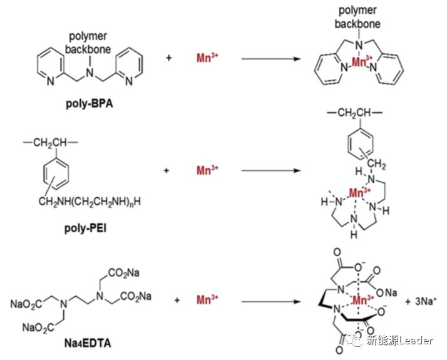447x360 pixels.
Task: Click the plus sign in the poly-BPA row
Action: (169, 58)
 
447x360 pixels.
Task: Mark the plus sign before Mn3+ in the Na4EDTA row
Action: (177, 301)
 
